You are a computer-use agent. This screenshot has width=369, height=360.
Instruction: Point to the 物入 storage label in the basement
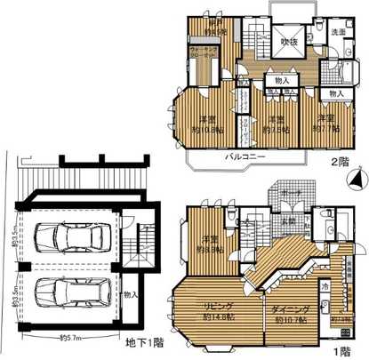click(x=131, y=294)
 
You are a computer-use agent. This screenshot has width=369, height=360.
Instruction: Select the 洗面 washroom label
click(x=338, y=33)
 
